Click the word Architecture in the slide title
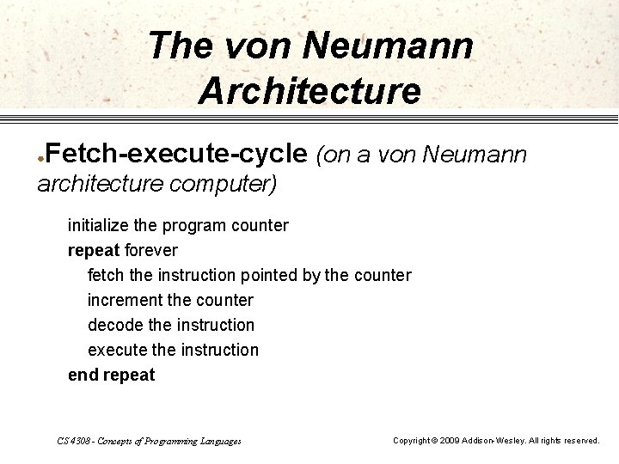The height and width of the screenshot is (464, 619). coord(309,89)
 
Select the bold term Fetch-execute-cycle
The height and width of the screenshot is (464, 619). coord(176,154)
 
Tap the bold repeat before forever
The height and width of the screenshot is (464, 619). coord(94,251)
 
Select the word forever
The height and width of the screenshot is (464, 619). coord(150,251)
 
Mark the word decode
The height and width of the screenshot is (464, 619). coord(114,325)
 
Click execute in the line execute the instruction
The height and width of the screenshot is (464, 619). coord(117,350)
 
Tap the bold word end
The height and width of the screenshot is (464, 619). coord(83,375)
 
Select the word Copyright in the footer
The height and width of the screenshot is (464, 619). coord(412,441)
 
